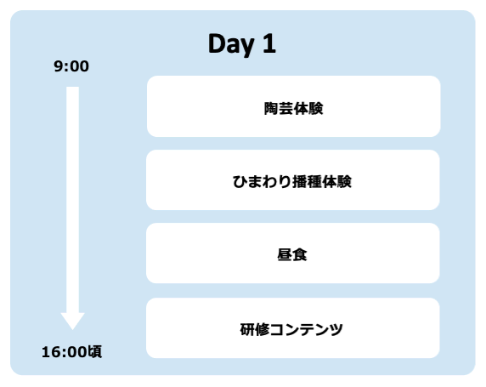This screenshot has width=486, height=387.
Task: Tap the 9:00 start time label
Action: [x=71, y=66]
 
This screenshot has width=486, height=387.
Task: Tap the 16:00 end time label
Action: [x=64, y=351]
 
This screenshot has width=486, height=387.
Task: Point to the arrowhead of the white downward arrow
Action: [x=73, y=320]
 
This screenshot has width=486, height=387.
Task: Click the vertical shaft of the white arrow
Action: [x=73, y=196]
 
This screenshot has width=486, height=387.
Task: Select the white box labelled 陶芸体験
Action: [x=293, y=106]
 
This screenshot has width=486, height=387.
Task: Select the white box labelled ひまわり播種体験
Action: [x=293, y=179]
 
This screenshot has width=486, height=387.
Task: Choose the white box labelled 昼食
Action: [x=293, y=253]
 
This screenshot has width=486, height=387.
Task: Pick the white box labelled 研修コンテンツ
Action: [x=293, y=327]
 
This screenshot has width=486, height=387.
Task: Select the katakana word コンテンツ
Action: [x=307, y=328]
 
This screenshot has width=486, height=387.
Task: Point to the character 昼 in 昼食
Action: [x=285, y=254]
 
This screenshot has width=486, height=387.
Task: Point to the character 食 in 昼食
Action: [x=301, y=254]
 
